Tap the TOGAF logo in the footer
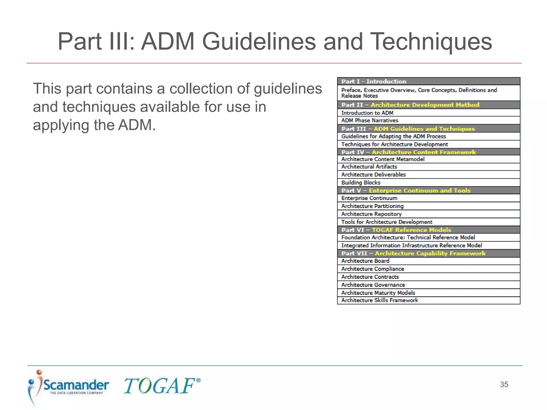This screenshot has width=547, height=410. (162, 386)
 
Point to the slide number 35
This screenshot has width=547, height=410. (504, 384)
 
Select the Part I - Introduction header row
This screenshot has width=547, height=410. (428, 81)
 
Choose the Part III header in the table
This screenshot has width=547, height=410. (428, 129)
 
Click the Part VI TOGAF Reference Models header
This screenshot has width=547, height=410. (428, 230)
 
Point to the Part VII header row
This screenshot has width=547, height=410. (428, 253)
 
